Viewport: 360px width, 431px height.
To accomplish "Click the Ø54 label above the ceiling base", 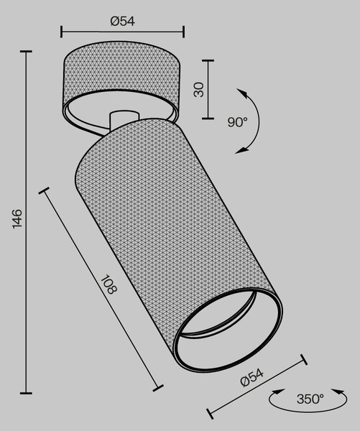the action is click(123, 22).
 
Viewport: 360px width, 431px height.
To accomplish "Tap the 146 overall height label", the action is click(17, 218).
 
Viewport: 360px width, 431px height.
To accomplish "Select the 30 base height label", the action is click(199, 90).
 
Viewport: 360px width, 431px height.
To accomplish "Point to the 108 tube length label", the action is click(109, 284).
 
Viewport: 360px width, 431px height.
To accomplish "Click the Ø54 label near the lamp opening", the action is click(251, 378).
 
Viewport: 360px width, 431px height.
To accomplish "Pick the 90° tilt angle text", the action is click(237, 122).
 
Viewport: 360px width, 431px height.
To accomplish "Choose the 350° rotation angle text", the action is click(310, 399).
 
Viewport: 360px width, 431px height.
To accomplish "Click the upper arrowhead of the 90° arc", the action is click(242, 93).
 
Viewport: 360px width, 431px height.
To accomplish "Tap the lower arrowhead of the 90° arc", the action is click(241, 151).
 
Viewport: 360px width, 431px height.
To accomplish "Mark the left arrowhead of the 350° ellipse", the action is click(278, 391).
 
